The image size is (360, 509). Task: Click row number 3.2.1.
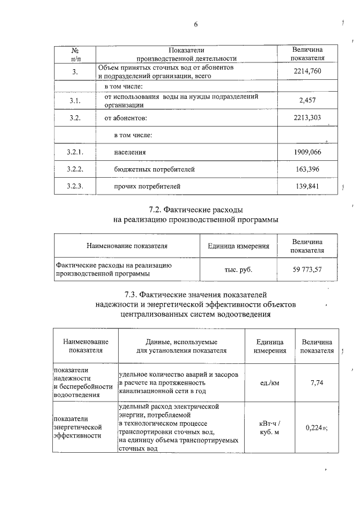point(75,152)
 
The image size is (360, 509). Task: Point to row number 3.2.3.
point(75,186)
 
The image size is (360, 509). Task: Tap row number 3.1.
point(75,101)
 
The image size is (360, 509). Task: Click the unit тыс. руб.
point(238,269)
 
